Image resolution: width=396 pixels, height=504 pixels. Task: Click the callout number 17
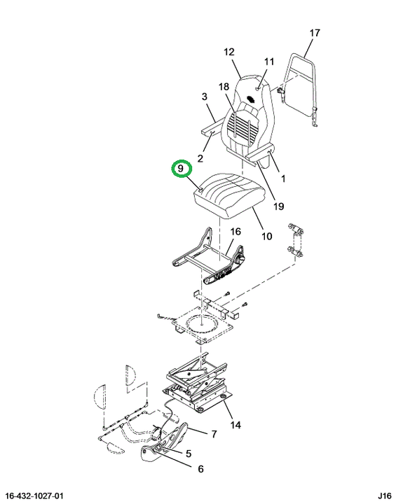(315, 33)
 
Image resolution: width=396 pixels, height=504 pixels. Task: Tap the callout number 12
(229, 52)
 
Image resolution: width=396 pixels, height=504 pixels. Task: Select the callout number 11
(269, 62)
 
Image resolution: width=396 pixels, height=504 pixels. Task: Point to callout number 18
(224, 87)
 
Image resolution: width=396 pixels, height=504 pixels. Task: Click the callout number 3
(205, 97)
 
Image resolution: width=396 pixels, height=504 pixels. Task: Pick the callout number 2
(200, 158)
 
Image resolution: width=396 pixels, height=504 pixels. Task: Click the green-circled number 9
(182, 169)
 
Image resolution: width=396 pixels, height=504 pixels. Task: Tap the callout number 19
(278, 206)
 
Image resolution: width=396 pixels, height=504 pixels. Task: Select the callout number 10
(267, 237)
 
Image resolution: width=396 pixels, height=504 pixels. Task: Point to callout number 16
(235, 232)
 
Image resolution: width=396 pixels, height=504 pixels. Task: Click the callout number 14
(235, 426)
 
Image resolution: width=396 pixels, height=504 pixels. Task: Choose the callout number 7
(214, 434)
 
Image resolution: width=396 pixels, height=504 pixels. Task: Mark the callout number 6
(200, 469)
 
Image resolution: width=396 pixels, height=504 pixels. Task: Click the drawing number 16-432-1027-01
(35, 496)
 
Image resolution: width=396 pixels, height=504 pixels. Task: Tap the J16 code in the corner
(385, 496)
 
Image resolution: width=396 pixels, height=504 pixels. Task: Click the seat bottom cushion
(229, 195)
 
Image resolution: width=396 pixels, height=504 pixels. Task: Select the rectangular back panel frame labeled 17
(301, 89)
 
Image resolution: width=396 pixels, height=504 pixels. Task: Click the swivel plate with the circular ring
(202, 325)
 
